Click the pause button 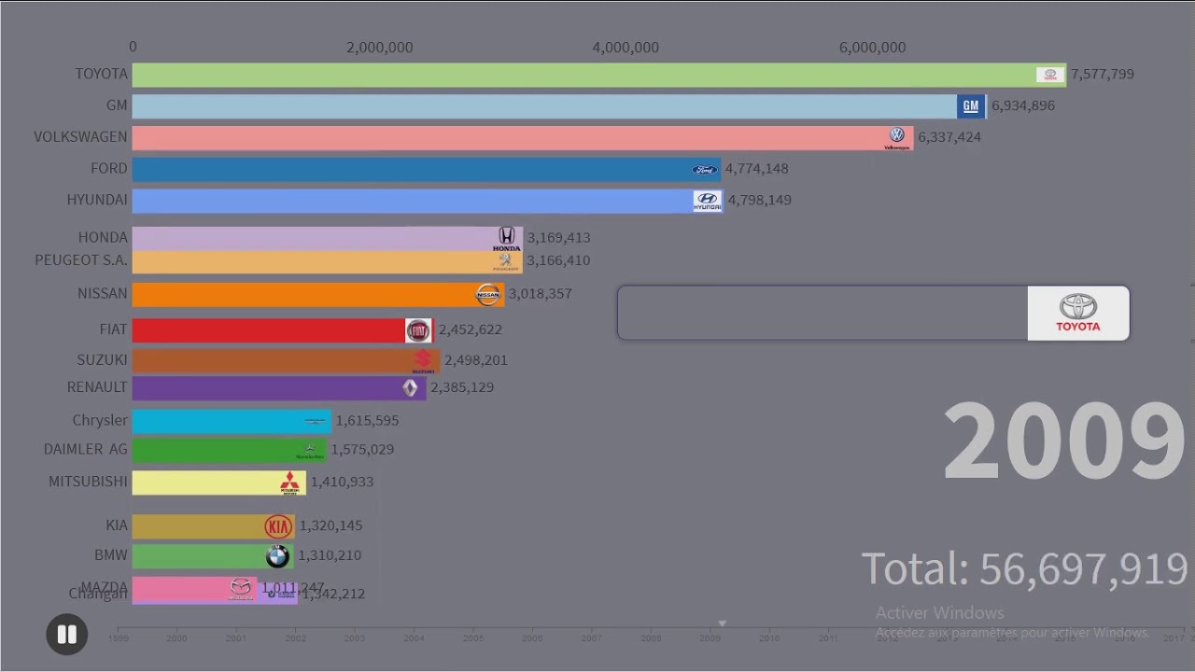point(66,635)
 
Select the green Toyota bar point(579,75)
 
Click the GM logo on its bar point(971,105)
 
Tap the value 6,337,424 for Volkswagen point(949,137)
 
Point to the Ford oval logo point(705,169)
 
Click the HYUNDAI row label point(97,200)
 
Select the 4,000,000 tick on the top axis point(626,48)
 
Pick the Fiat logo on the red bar point(417,330)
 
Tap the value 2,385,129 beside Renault point(462,387)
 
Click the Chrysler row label point(100,420)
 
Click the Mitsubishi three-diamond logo point(290,483)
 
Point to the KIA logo point(278,526)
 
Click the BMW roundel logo point(277,556)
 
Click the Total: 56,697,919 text point(1023,568)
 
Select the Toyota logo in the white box point(1078,313)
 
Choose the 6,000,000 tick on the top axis point(872,48)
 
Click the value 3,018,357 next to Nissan point(540,294)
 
